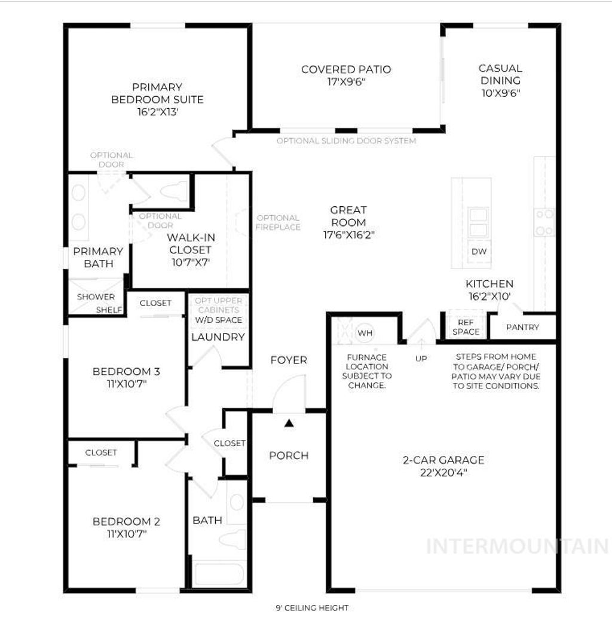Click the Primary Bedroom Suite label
tap(157, 93)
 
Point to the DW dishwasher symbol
tap(479, 252)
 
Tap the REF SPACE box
tap(466, 327)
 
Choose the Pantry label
tap(522, 327)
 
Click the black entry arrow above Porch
tap(289, 423)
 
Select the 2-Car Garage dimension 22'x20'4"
tap(443, 473)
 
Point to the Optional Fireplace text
tap(277, 222)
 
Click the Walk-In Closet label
tap(191, 243)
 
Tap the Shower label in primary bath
tap(96, 297)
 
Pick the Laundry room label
tap(218, 337)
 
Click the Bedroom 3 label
tap(126, 372)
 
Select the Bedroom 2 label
tap(126, 522)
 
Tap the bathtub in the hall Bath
tap(218, 573)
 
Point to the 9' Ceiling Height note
tap(312, 608)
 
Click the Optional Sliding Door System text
tap(346, 141)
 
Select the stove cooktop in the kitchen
tap(544, 222)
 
